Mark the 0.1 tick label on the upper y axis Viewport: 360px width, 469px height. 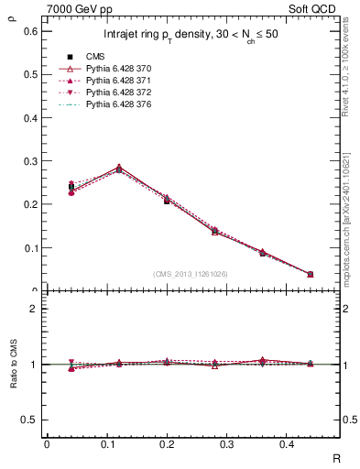coord(31,248)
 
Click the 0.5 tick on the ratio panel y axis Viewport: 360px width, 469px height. coord(31,420)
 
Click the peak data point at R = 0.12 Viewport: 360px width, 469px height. coord(118,169)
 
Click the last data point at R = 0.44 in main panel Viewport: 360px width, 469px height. coord(311,274)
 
